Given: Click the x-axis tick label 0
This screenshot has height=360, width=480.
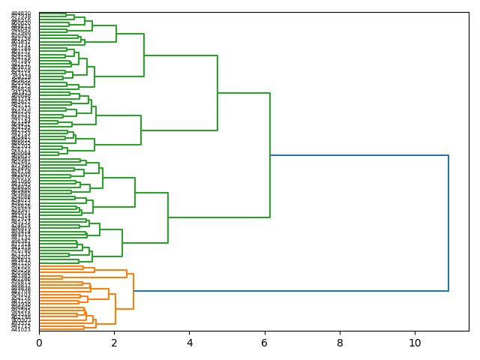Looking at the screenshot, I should coord(39,342).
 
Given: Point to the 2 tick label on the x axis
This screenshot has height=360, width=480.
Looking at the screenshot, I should coord(114,342).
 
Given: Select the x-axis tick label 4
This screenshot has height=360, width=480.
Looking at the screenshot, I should coord(190,342).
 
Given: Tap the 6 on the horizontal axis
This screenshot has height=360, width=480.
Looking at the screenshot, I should coord(265,342).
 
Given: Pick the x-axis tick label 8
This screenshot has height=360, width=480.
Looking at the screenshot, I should coord(340,342).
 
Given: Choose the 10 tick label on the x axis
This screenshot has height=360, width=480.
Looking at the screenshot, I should coord(415,342).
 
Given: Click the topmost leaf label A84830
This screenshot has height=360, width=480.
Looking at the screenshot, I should coord(21,13).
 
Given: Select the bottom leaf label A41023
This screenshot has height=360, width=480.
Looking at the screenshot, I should coord(21,329).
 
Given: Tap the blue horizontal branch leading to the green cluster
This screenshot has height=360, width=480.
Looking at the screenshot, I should coord(359,155).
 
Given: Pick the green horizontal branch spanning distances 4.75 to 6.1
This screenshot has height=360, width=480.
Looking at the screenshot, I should coord(244,93).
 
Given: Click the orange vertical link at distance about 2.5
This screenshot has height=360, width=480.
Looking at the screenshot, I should coord(133,291).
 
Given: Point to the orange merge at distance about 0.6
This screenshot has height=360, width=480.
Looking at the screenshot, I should coord(62,277).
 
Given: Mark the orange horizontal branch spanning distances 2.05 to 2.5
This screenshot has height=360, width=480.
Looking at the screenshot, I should coord(124,308).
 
